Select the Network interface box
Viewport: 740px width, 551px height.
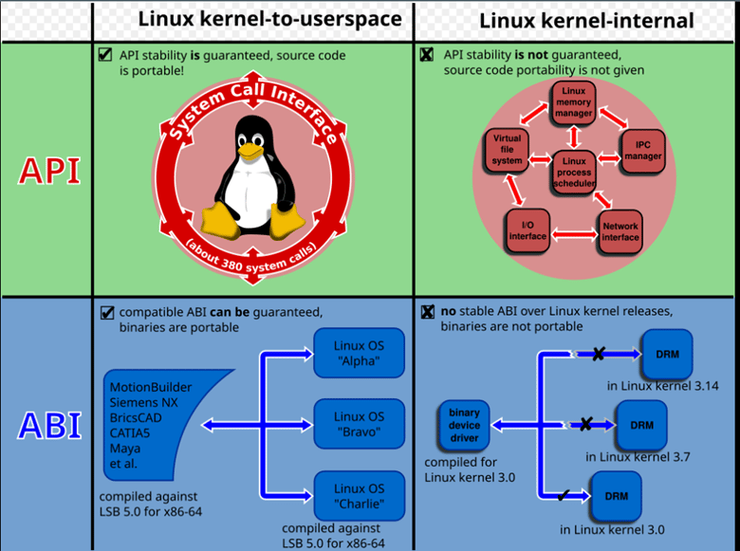[x=621, y=231]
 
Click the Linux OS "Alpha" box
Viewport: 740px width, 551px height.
[x=360, y=352]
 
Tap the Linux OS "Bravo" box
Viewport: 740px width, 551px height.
[x=360, y=425]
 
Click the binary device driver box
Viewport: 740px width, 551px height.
[x=465, y=426]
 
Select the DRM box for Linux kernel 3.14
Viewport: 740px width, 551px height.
[x=667, y=353]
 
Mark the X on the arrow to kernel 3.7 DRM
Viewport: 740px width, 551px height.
[x=586, y=424]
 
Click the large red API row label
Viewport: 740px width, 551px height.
[x=46, y=173]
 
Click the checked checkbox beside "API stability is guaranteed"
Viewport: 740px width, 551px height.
[x=105, y=54]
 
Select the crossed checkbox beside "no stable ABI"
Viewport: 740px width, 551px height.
[x=427, y=311]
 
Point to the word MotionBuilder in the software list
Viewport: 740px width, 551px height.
[x=150, y=387]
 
